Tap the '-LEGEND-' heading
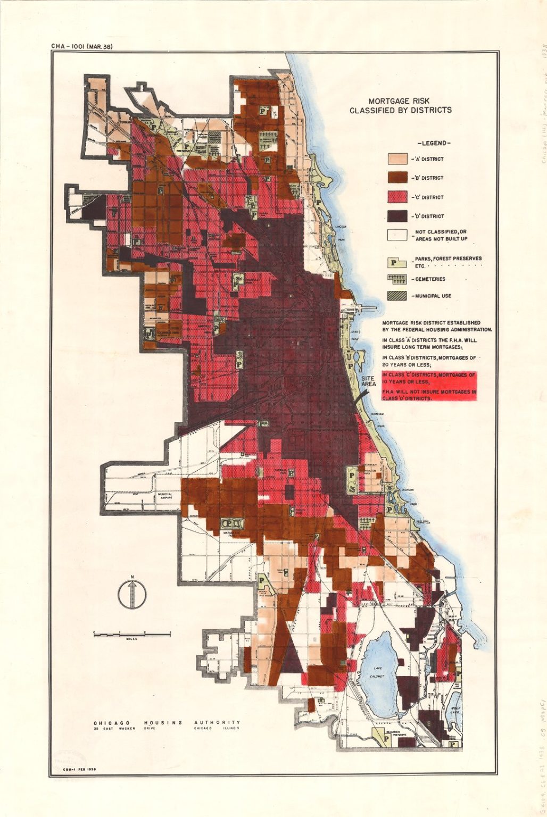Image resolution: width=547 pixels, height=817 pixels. click(434, 143)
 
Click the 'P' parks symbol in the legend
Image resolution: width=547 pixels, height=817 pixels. click(397, 262)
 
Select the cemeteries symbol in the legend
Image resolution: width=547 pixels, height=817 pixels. click(397, 279)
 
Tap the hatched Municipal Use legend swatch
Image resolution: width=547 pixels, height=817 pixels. click(397, 296)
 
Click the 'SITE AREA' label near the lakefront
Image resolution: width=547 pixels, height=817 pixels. click(368, 381)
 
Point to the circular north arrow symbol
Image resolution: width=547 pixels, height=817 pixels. click(131, 594)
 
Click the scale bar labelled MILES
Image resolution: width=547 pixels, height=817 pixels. click(132, 634)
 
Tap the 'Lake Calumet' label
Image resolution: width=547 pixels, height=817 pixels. click(377, 672)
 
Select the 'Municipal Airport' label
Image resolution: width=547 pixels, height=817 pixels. click(164, 495)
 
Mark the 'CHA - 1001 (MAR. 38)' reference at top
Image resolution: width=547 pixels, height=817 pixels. click(81, 46)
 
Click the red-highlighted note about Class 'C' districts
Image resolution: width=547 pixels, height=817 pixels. click(429, 386)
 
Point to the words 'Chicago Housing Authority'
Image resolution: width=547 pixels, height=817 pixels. click(167, 723)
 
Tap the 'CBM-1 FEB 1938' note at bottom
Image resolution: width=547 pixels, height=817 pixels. click(79, 770)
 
